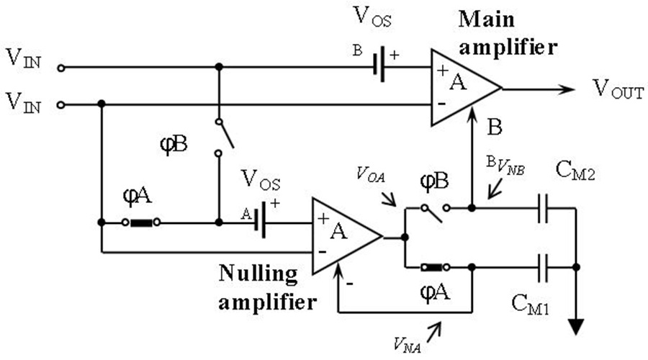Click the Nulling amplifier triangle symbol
342,236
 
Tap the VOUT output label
617,89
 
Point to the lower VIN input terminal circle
61,105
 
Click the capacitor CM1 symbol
546,266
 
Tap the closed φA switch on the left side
141,223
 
